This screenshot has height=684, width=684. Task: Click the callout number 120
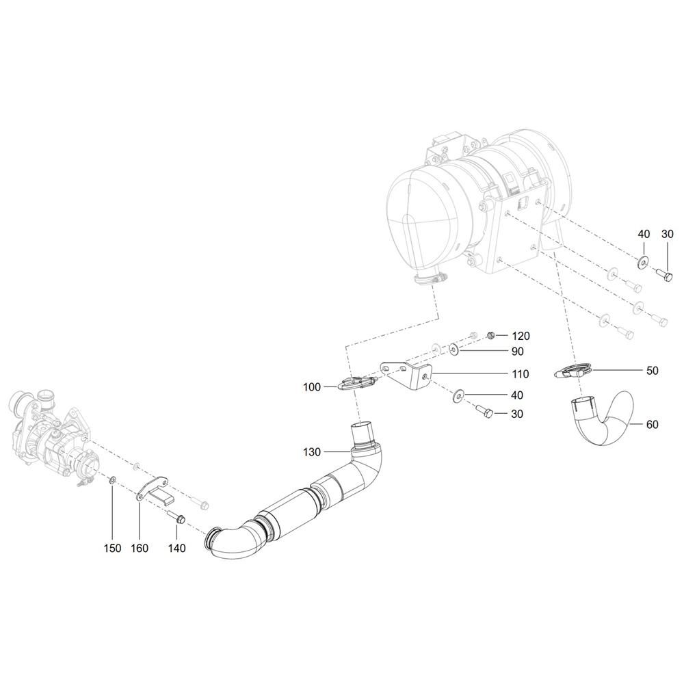pos(521,336)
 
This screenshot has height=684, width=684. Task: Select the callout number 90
pos(517,351)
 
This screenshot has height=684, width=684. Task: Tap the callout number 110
pos(521,374)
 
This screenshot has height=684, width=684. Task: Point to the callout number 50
pos(652,370)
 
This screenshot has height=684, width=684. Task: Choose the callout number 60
pos(652,424)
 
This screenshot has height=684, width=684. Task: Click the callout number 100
pos(311,387)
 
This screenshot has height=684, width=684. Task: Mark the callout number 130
pos(311,452)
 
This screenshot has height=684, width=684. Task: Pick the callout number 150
pos(112,548)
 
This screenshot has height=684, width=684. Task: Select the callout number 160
pos(140,548)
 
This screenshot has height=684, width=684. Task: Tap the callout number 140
pos(176,548)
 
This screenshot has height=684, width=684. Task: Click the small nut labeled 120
pos(490,335)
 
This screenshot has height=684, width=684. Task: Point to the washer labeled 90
pos(454,350)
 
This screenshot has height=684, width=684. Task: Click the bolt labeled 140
pos(176,517)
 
